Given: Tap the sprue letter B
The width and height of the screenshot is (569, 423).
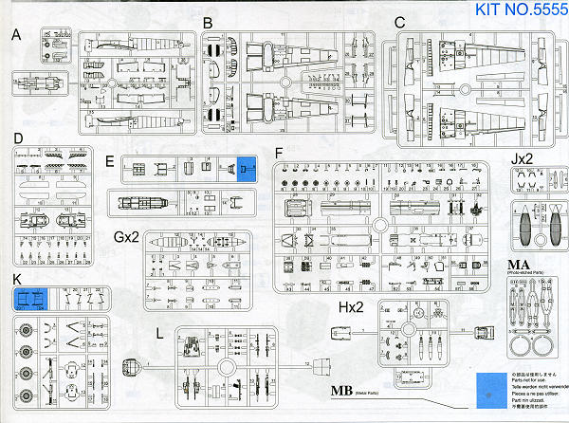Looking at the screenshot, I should pyautogui.click(x=208, y=23).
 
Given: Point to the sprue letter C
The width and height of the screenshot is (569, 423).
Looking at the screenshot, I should pyautogui.click(x=399, y=22).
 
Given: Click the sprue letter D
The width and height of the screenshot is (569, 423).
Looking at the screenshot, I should pyautogui.click(x=18, y=138).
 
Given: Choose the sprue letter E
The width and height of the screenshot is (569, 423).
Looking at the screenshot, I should pyautogui.click(x=112, y=162).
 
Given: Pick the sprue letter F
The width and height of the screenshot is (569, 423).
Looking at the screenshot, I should pyautogui.click(x=279, y=153).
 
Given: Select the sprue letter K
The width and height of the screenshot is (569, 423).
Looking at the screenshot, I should pyautogui.click(x=18, y=280).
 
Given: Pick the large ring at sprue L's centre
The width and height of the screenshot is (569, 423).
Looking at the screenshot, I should pyautogui.click(x=227, y=366).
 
